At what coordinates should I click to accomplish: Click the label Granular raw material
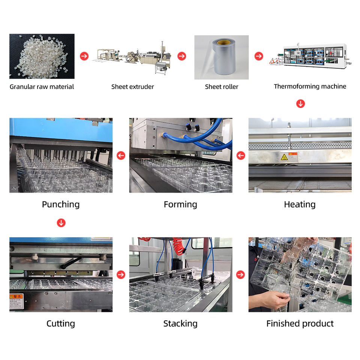tap(42, 87)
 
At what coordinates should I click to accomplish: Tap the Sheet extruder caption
tap(132, 87)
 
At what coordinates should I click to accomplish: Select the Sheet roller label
tap(221, 87)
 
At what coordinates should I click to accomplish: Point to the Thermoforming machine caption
tap(310, 87)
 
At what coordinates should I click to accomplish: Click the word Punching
tap(61, 204)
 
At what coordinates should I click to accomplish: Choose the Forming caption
tap(180, 204)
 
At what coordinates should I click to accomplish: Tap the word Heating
tap(300, 204)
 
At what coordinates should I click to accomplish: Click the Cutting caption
tap(61, 324)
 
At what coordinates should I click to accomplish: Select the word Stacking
tap(180, 324)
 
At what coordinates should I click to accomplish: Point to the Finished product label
tap(300, 324)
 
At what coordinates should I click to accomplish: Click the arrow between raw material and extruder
tap(84, 56)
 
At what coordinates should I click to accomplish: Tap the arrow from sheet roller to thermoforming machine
tap(259, 56)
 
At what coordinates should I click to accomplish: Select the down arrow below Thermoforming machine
tap(300, 104)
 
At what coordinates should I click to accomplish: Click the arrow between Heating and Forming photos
tap(241, 155)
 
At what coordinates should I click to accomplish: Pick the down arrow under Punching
tap(61, 223)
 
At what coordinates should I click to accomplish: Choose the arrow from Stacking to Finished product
tap(241, 274)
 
